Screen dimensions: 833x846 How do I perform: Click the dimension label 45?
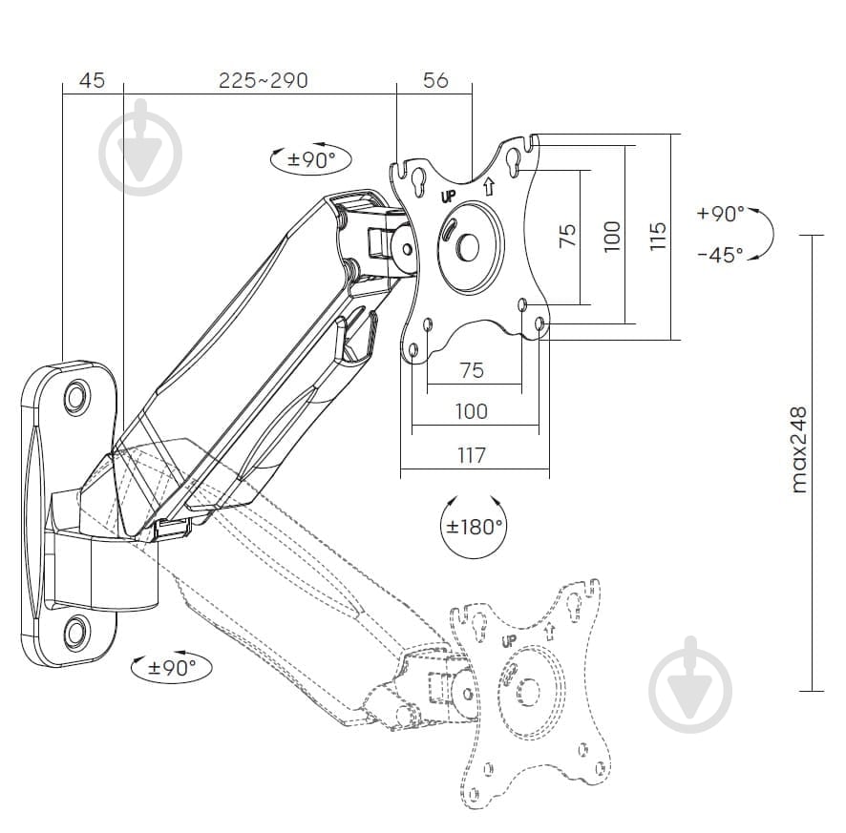[x=92, y=80]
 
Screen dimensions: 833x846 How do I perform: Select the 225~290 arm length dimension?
[x=263, y=80]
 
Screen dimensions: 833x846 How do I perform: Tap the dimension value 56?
[x=435, y=80]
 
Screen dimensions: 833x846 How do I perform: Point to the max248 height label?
[x=799, y=449]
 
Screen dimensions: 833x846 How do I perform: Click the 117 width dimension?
[x=472, y=455]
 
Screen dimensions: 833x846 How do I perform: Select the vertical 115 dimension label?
[x=657, y=235]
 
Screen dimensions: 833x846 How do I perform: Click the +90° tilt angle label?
[x=721, y=214]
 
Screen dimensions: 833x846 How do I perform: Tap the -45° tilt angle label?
[x=721, y=256]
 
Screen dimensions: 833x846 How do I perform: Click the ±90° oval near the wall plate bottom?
[x=172, y=667]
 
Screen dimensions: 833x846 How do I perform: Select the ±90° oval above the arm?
[x=310, y=159]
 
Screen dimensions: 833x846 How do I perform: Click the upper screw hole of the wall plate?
[x=75, y=397]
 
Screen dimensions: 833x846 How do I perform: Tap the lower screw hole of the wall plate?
[x=75, y=630]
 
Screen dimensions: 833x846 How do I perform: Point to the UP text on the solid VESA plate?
[x=448, y=198]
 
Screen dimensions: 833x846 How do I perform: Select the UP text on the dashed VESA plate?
[x=508, y=640]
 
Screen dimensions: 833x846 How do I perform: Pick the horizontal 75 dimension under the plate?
[x=472, y=370]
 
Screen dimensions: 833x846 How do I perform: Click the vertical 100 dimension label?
[x=612, y=235]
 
